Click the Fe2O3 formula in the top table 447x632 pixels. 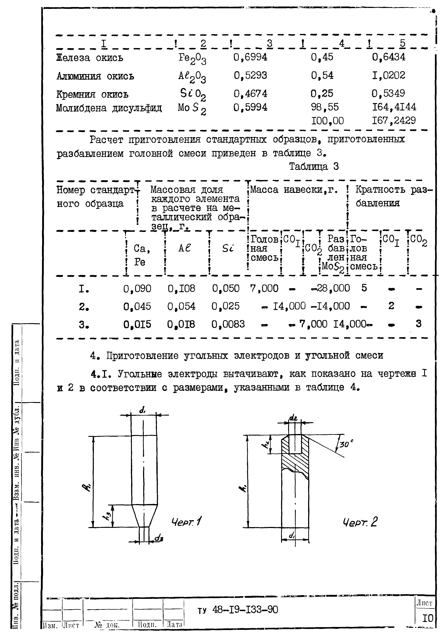click(x=192, y=59)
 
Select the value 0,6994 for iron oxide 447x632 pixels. click(x=250, y=57)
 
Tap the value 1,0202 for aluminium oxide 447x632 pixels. click(x=388, y=75)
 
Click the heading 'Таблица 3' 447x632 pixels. click(x=314, y=167)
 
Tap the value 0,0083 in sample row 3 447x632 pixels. click(x=228, y=324)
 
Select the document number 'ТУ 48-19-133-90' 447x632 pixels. click(x=238, y=610)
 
